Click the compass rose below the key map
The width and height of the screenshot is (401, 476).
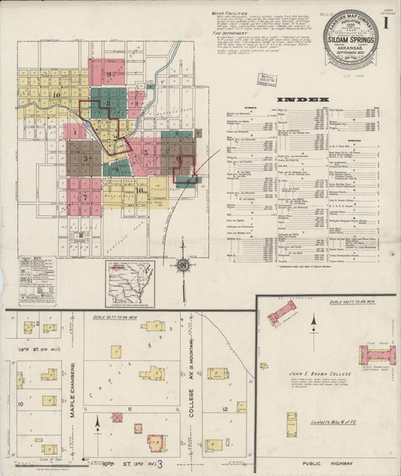(x=182, y=265)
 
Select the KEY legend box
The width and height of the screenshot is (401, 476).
(x=37, y=280)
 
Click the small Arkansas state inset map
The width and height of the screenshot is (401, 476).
(x=129, y=283)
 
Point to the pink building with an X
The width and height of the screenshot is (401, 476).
(x=117, y=416)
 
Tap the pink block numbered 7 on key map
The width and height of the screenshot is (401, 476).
(x=84, y=197)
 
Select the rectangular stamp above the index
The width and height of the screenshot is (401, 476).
(x=266, y=79)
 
